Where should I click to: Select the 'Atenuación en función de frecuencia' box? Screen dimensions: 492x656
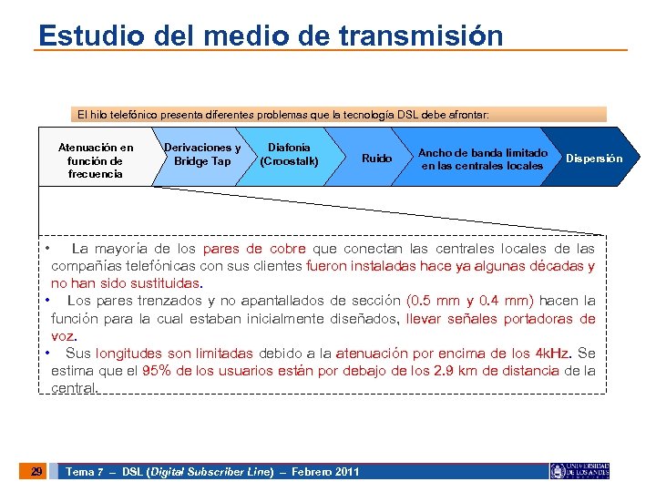click(95, 160)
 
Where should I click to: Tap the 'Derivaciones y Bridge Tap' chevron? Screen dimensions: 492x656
click(202, 154)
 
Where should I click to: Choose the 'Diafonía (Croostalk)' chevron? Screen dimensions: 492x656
click(289, 154)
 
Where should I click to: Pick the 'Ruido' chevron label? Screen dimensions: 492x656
click(376, 159)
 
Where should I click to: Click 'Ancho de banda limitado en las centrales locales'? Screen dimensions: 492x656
click(482, 159)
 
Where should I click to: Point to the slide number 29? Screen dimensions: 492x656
click(36, 471)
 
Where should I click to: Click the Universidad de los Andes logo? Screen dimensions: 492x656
click(579, 471)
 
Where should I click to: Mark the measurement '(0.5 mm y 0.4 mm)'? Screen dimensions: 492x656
click(470, 301)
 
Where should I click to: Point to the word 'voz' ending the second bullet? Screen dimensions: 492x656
click(62, 336)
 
